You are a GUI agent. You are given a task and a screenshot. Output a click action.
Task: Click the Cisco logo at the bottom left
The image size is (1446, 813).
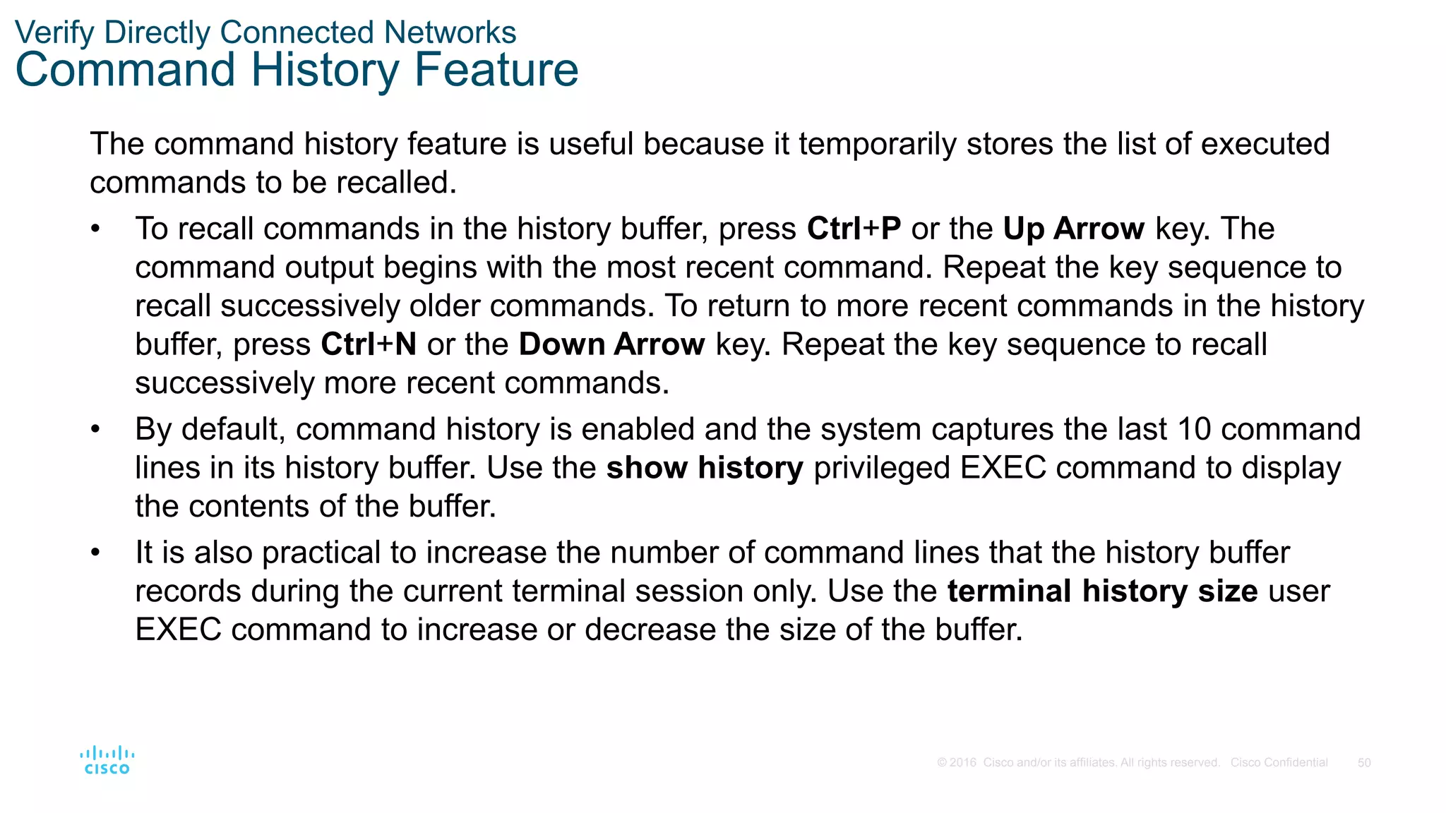pyautogui.click(x=107, y=760)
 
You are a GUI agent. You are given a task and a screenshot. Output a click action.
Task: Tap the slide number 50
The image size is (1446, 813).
pyautogui.click(x=1364, y=763)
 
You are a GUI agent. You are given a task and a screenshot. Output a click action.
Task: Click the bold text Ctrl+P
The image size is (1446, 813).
pyautogui.click(x=854, y=229)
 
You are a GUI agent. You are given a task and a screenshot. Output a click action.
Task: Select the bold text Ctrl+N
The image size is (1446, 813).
pyautogui.click(x=369, y=344)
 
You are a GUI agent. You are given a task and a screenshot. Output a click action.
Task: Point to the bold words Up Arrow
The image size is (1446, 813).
pyautogui.click(x=1073, y=229)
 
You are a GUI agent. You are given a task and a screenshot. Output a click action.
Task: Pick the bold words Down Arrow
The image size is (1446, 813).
pyautogui.click(x=611, y=344)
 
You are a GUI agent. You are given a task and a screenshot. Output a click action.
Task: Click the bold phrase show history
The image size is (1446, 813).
pyautogui.click(x=705, y=468)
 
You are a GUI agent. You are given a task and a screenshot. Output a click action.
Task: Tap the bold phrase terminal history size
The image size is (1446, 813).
pyautogui.click(x=1102, y=591)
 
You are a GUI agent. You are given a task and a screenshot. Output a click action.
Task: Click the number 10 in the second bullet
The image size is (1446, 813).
pyautogui.click(x=1194, y=429)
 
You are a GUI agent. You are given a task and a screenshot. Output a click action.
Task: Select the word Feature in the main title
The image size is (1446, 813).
pyautogui.click(x=496, y=70)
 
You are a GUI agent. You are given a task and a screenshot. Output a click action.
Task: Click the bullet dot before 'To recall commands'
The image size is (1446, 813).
pyautogui.click(x=95, y=229)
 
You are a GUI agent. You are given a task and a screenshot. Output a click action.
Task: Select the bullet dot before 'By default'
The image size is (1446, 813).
pyautogui.click(x=95, y=430)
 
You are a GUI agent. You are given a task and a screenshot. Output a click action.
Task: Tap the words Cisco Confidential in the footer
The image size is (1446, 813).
pyautogui.click(x=1279, y=763)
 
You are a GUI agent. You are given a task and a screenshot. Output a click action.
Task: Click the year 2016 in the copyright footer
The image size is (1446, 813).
pyautogui.click(x=963, y=763)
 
